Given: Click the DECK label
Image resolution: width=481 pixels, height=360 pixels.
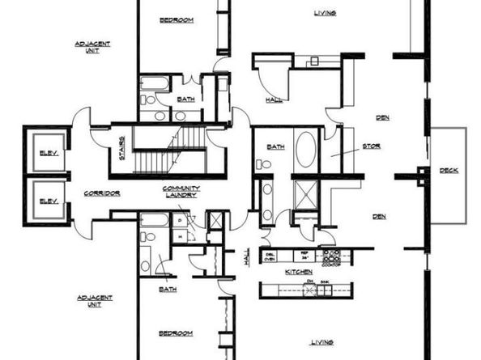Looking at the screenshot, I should [449, 170].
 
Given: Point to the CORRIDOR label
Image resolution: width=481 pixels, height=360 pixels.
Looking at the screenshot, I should [102, 193].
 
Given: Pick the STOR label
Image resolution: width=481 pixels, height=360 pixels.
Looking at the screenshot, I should [371, 146].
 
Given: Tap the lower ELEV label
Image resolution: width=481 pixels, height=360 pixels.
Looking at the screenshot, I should [45, 200].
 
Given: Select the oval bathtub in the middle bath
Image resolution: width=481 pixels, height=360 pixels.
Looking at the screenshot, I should [307, 150].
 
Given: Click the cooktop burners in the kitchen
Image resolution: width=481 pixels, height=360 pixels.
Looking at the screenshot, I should [330, 257].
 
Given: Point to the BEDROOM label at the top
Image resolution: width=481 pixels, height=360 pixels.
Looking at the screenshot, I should [176, 20].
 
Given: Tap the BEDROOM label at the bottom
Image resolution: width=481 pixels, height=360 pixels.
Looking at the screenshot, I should [176, 332].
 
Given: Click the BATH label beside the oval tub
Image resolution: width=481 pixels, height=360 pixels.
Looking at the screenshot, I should [276, 146].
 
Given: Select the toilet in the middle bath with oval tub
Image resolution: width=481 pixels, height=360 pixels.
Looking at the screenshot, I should [262, 164].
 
